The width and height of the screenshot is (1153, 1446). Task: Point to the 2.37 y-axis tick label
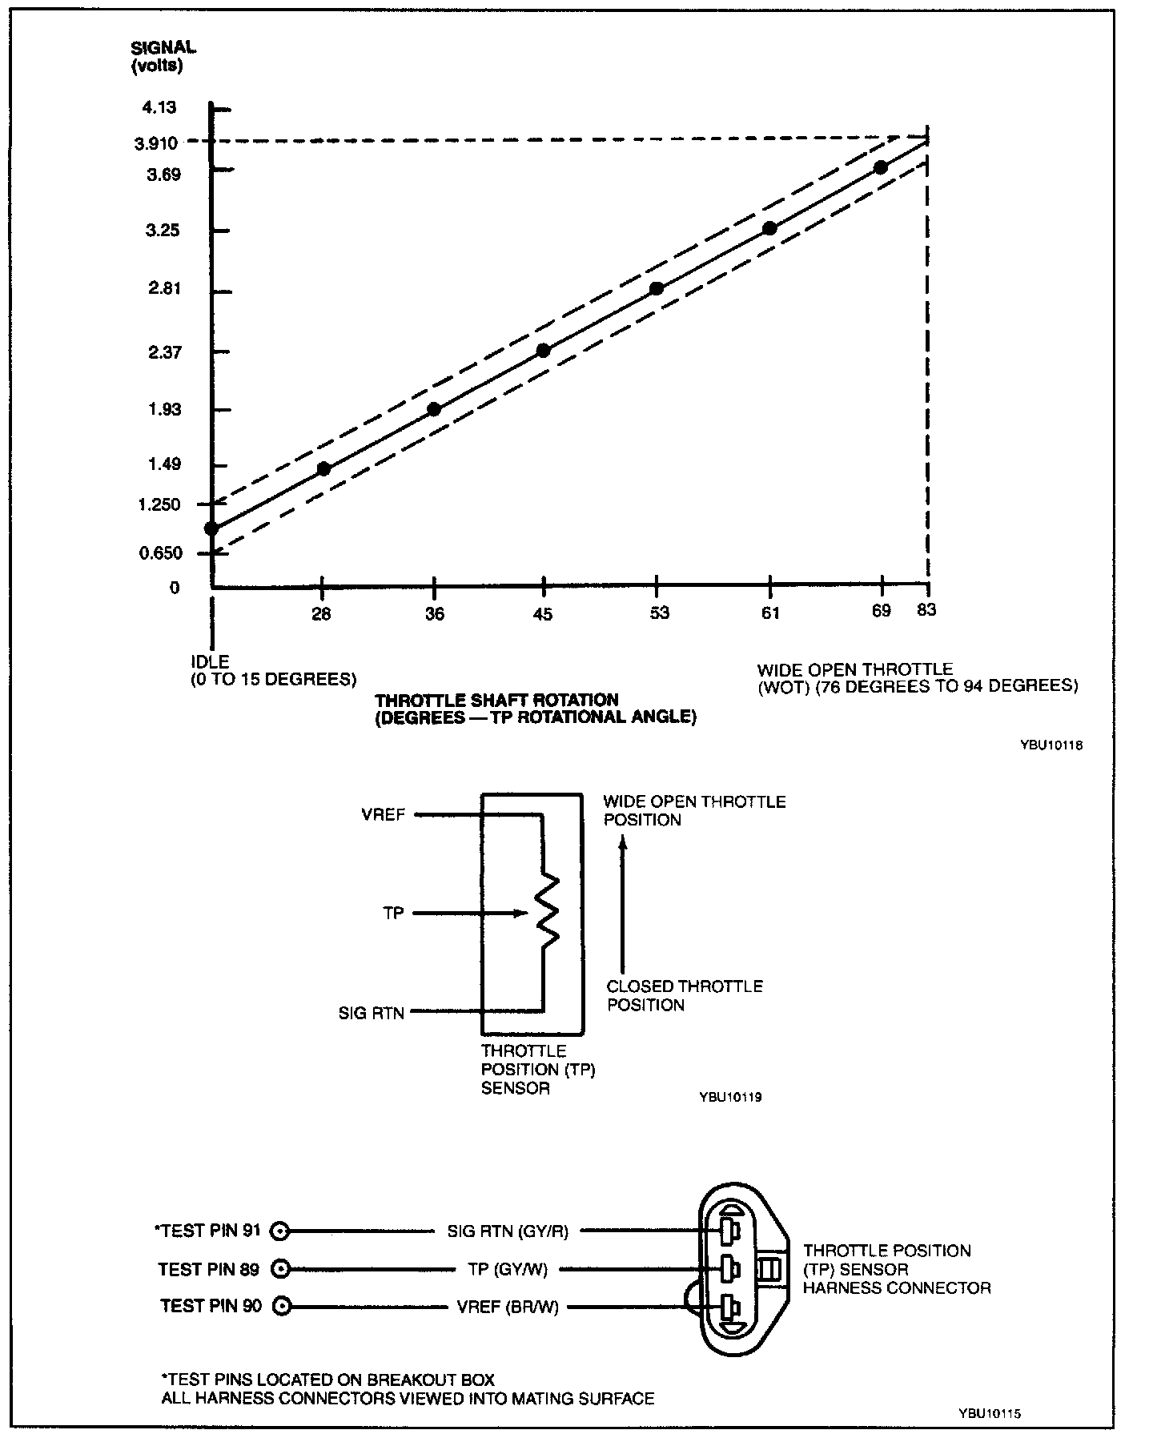[x=164, y=351]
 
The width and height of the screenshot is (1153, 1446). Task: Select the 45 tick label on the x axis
[x=543, y=614]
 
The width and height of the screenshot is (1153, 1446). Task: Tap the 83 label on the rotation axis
[x=926, y=610]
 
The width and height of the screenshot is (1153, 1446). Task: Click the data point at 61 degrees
[x=769, y=228]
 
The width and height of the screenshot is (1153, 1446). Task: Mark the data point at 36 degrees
[x=434, y=409]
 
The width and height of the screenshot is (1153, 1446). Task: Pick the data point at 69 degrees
[x=881, y=167]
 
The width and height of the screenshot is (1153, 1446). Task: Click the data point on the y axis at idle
[x=211, y=528]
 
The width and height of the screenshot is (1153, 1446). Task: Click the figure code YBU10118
[x=1051, y=745]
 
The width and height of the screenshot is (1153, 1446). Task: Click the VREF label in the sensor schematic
[x=384, y=815]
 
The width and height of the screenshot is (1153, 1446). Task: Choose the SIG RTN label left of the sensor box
[x=371, y=1013]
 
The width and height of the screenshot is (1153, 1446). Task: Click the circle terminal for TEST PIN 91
[x=280, y=1231]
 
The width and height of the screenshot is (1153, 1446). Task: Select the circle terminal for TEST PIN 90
[x=280, y=1307]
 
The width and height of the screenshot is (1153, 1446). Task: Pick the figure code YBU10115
[x=989, y=1414]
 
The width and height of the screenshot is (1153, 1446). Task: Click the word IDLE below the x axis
[x=210, y=662]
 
